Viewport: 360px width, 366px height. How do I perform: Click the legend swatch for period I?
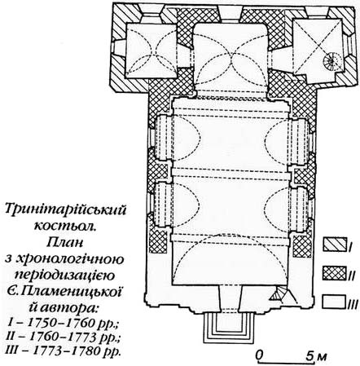[335, 244]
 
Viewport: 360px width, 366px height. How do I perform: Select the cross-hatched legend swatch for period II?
[335, 273]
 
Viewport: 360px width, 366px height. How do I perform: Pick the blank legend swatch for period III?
[335, 302]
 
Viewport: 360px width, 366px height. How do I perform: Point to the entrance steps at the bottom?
[227, 328]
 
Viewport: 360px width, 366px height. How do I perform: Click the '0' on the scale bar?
[260, 355]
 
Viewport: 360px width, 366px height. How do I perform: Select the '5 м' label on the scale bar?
[316, 355]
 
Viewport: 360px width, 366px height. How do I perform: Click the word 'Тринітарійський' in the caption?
[66, 210]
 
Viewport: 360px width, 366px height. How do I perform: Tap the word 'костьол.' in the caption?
[65, 226]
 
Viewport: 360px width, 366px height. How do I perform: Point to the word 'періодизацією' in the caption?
[65, 275]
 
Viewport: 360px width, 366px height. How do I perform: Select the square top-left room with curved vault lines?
[151, 51]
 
